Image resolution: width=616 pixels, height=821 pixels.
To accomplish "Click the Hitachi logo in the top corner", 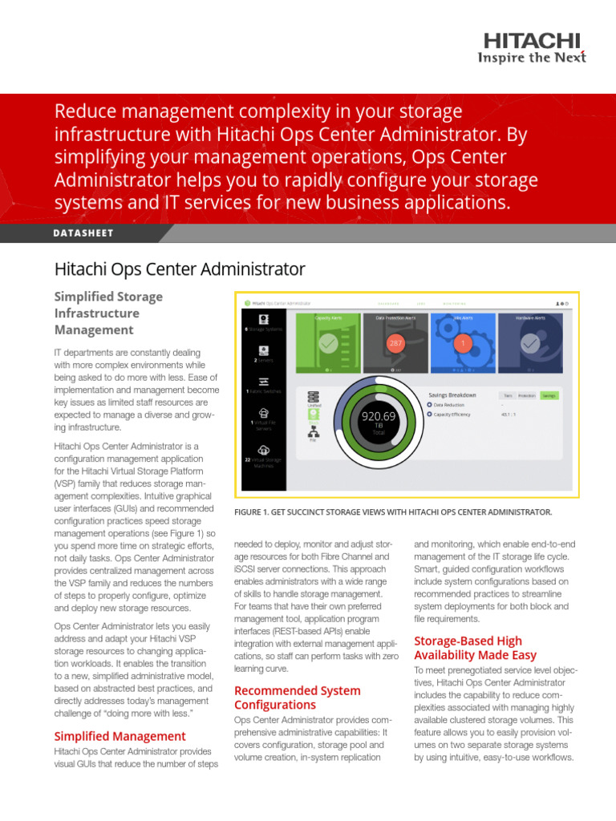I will coord(533,42).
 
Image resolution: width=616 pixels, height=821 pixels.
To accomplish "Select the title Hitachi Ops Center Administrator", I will coord(179,269).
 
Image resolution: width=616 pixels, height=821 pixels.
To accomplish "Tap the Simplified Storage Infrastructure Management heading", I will coord(108,313).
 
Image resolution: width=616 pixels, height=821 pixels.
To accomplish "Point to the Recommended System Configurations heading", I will coord(297,698).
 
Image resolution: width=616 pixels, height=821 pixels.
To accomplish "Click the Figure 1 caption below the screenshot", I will coord(392,512).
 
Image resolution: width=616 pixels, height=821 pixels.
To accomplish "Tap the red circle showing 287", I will coord(395,343).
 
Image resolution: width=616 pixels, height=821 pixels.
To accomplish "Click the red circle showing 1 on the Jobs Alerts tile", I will coord(463,343).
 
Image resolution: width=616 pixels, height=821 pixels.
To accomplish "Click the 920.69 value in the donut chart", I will coord(379,416).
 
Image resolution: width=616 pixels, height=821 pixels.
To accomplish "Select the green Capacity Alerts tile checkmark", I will coord(327,343).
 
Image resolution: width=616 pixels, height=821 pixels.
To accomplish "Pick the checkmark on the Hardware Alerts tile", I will coord(529,343).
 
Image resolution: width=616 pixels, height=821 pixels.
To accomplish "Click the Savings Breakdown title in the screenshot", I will coord(452,394).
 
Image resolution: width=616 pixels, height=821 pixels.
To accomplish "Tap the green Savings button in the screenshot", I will coord(549,395).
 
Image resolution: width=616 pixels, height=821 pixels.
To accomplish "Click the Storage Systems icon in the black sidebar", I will coord(263,318).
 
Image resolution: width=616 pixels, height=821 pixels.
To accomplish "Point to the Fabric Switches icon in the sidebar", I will coord(263,382).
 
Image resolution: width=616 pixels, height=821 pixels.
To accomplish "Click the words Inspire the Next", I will coord(532,57).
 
